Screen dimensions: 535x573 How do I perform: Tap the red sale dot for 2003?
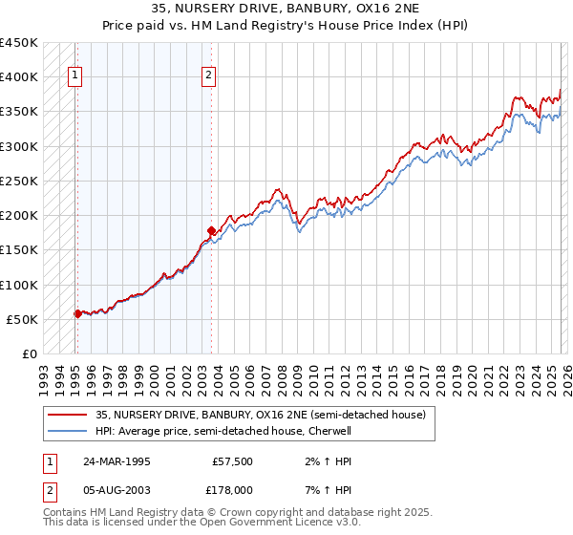211,230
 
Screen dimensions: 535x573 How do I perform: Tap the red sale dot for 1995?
77,313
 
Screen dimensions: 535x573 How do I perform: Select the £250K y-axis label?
19,181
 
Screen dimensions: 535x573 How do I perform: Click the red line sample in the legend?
67,414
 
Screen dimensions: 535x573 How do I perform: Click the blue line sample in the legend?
67,431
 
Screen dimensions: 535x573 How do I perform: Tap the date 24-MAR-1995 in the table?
116,460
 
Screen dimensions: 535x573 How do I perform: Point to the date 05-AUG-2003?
117,489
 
